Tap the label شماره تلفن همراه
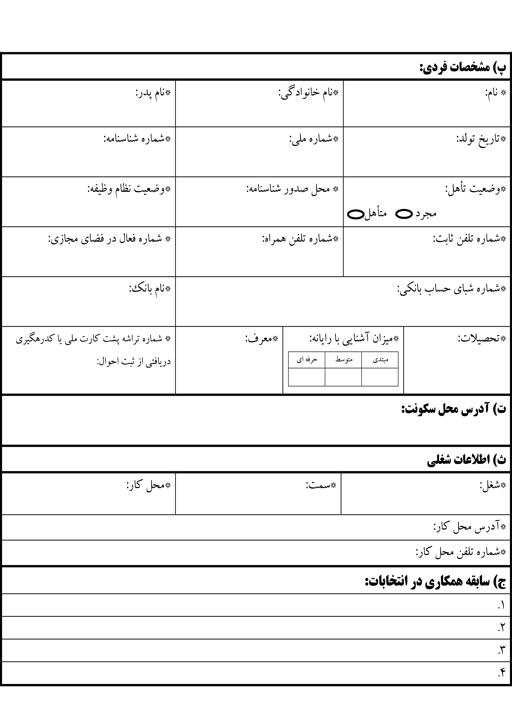(300, 239)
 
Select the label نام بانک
(150, 289)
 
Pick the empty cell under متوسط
(343, 377)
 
